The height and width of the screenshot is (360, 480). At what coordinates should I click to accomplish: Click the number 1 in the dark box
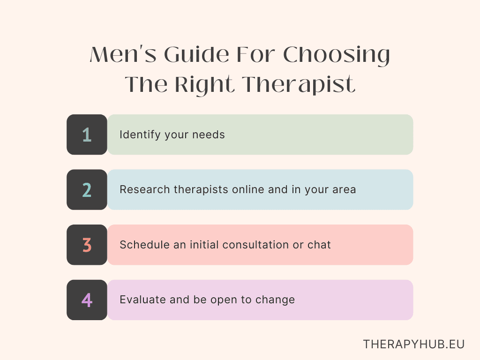(87, 135)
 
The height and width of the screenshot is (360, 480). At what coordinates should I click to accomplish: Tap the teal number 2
(87, 190)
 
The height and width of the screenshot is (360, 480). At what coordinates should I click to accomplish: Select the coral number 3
(87, 245)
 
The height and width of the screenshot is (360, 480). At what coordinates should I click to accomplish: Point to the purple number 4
(87, 300)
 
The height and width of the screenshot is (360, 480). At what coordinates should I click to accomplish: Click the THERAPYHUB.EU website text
(414, 344)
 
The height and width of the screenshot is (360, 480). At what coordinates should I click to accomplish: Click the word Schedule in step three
(142, 245)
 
